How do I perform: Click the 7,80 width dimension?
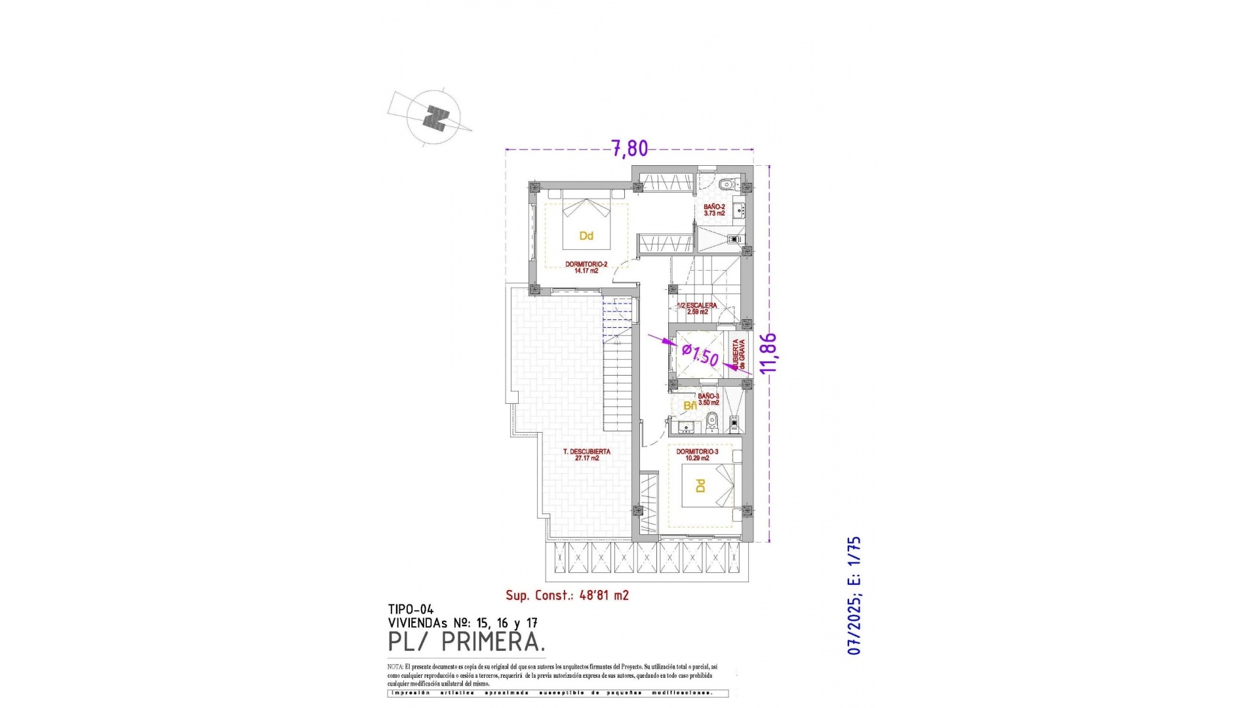click(629, 149)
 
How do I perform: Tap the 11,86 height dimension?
click(768, 353)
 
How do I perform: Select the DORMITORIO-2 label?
click(586, 267)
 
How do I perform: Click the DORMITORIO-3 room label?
click(697, 455)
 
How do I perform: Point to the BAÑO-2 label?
click(714, 210)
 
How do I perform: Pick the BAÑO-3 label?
click(708, 399)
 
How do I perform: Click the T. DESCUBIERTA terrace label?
click(587, 455)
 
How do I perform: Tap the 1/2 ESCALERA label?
click(697, 309)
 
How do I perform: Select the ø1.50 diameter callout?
click(700, 356)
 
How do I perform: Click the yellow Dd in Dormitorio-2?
click(586, 236)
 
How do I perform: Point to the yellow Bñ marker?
click(690, 406)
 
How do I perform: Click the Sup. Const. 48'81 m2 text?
click(567, 595)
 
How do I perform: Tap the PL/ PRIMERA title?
click(466, 642)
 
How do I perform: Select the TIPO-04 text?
click(410, 610)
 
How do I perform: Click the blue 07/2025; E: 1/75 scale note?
click(854, 595)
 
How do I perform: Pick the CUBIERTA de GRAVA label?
click(738, 354)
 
